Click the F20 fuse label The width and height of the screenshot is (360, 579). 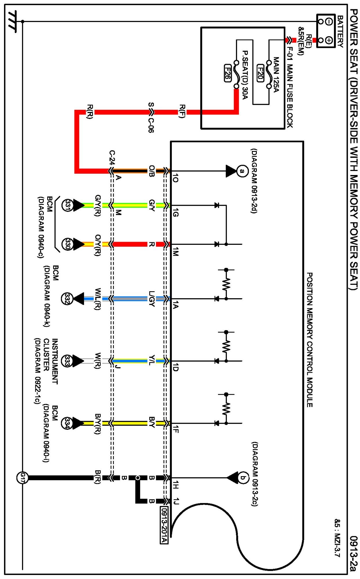tap(260, 73)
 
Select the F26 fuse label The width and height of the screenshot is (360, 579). tap(228, 73)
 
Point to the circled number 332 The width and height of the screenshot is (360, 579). tap(67, 299)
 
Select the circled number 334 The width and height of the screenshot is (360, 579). tap(67, 423)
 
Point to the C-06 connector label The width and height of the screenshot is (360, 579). tap(151, 125)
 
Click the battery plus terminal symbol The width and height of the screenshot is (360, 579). tap(328, 40)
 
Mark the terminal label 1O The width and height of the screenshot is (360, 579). tap(175, 178)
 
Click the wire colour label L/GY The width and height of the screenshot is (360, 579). tap(152, 299)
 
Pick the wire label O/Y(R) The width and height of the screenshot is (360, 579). tap(98, 245)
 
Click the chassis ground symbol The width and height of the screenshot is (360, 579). tap(12, 21)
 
